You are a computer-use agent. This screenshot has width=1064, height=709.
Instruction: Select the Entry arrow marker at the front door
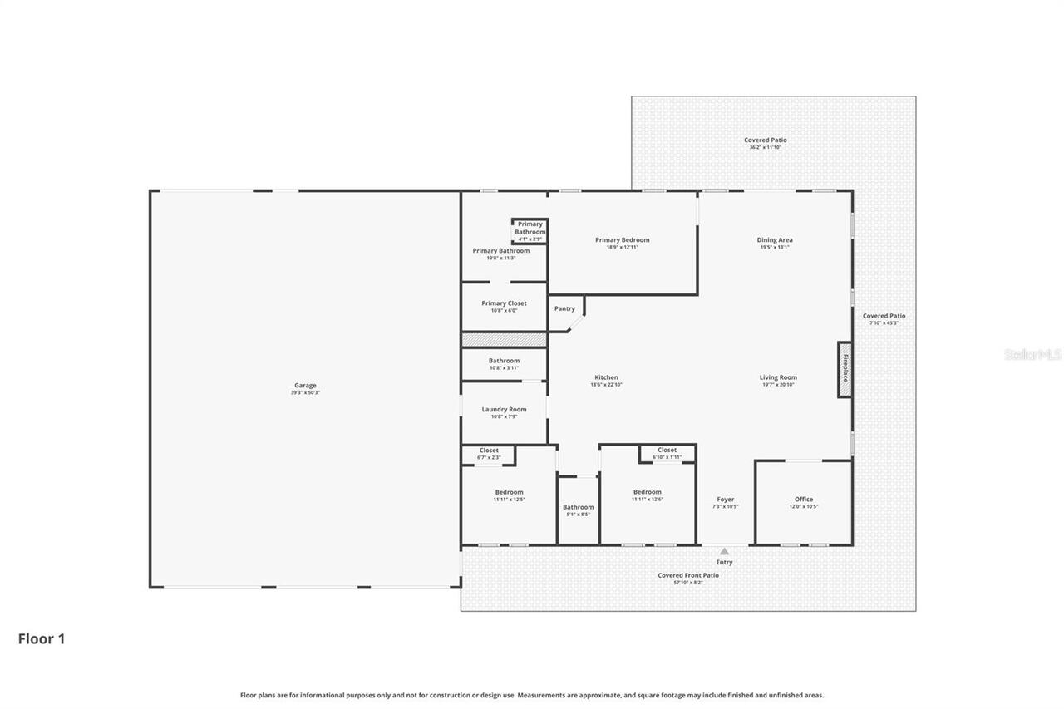724,551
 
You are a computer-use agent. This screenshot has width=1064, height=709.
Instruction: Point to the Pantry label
564,309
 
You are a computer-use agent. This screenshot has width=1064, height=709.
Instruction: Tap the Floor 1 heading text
42,639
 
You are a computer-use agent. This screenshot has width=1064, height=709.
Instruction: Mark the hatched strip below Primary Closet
504,340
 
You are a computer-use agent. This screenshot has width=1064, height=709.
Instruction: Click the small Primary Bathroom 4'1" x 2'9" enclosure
530,231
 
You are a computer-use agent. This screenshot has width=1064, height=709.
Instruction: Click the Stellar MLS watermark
1032,354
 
